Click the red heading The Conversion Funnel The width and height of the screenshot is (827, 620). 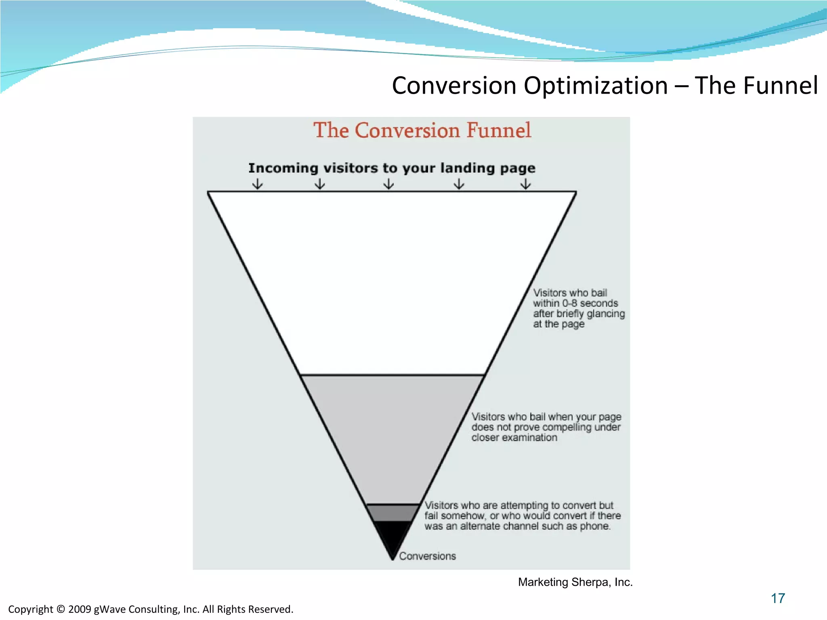pos(422,130)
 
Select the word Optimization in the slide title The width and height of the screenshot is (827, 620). pos(596,86)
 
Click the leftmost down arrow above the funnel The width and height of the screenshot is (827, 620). pos(257,184)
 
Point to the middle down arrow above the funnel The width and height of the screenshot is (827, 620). pos(388,184)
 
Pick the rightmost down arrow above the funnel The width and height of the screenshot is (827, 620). pos(525,184)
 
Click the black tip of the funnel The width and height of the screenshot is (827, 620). pos(392,537)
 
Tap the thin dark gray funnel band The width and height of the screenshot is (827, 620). pos(392,513)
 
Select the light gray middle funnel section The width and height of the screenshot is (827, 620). pos(392,436)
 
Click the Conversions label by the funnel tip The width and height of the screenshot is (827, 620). pos(427,556)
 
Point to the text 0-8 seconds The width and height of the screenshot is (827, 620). pos(590,303)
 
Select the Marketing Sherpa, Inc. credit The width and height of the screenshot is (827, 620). pos(575,582)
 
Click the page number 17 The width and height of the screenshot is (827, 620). pos(778,598)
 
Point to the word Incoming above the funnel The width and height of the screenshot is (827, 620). pos(283,168)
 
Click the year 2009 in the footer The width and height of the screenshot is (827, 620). pos(80,609)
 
